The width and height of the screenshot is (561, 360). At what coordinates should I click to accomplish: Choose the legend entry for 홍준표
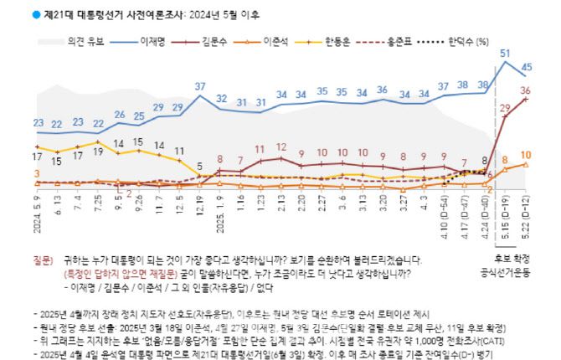pyautogui.click(x=420, y=40)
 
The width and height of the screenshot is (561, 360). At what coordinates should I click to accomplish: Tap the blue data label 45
pyautogui.click(x=527, y=67)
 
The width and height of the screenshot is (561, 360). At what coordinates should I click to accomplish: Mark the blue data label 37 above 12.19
pyautogui.click(x=201, y=86)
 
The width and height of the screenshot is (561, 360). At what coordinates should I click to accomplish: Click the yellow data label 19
pyautogui.click(x=98, y=142)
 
